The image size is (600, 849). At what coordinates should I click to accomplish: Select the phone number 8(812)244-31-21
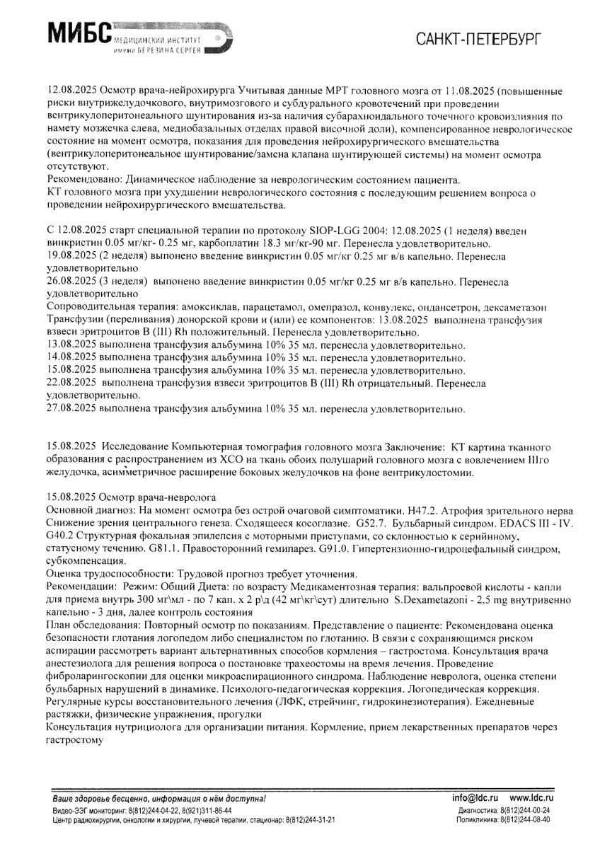[x=311, y=819]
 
